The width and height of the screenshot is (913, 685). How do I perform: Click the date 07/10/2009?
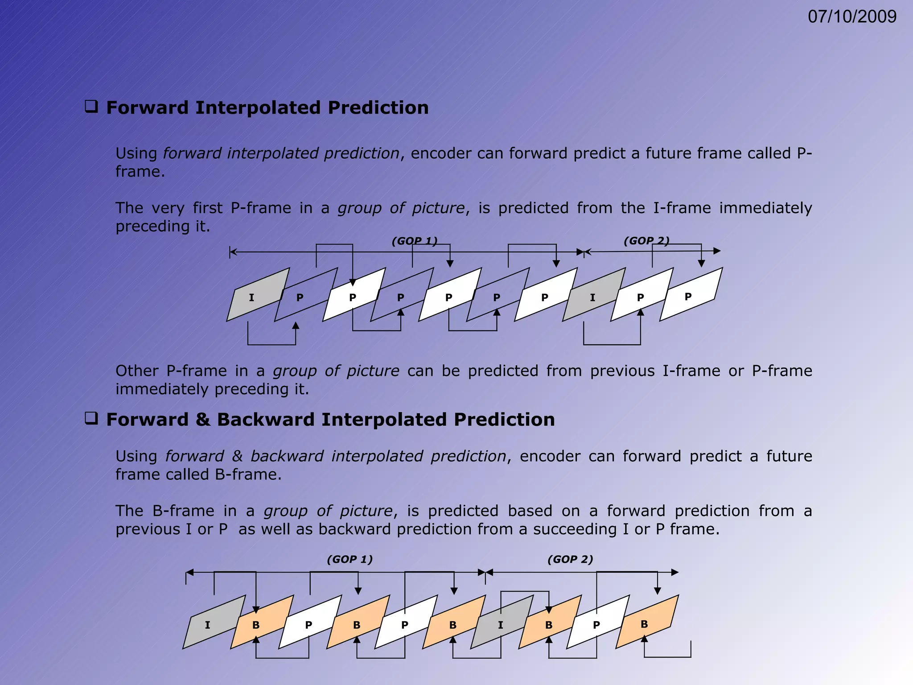[x=852, y=17]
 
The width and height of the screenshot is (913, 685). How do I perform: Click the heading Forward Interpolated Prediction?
[x=267, y=108]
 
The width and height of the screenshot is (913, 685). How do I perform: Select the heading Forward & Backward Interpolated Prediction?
[x=330, y=420]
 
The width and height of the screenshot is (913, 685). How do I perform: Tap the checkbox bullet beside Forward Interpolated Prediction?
[x=91, y=107]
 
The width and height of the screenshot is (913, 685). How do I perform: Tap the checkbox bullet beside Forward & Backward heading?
[x=91, y=419]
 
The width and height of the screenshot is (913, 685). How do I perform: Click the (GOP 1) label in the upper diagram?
[x=415, y=241]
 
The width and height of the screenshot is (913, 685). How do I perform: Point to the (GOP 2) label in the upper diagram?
[x=646, y=241]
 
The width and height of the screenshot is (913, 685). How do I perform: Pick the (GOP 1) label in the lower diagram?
[x=350, y=559]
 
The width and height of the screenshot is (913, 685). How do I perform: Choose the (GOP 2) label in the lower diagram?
[x=570, y=559]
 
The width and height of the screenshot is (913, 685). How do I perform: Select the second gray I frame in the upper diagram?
[x=592, y=297]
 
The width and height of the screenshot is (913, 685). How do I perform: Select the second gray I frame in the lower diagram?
[x=501, y=624]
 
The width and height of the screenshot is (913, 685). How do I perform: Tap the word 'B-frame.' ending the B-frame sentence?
[x=248, y=475]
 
